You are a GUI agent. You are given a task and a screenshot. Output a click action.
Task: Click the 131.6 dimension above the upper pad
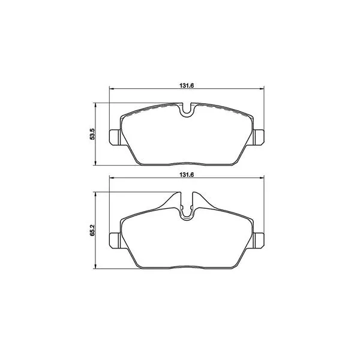(x=187, y=86)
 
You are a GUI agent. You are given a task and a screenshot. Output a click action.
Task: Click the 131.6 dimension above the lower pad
(x=187, y=175)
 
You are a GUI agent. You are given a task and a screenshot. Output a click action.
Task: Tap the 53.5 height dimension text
(x=92, y=134)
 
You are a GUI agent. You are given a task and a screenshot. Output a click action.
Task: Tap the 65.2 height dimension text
(x=92, y=230)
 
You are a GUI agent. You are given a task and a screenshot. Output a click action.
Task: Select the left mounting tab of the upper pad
(x=115, y=137)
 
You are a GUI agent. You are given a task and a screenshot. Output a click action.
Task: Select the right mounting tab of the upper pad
(x=259, y=137)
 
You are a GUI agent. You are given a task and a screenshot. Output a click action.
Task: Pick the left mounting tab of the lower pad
(x=115, y=241)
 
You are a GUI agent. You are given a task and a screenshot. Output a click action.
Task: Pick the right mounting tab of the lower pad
(x=259, y=241)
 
